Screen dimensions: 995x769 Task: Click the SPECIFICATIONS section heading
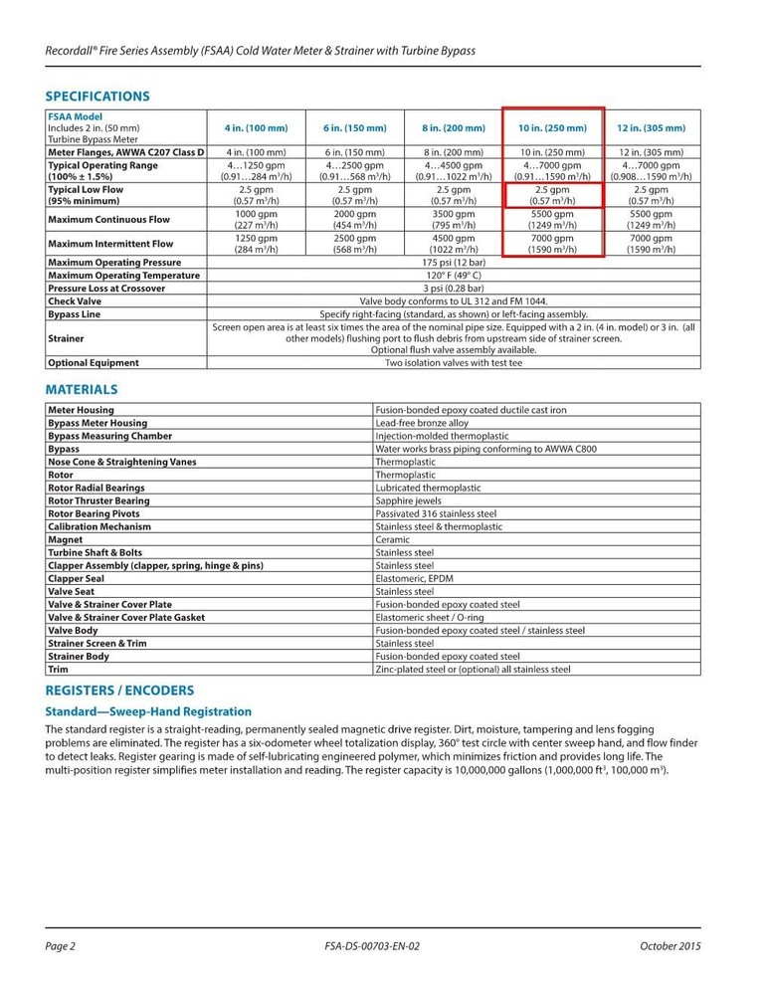(x=97, y=97)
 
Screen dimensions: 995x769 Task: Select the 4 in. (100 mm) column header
(x=256, y=128)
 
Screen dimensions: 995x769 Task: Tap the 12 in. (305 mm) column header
(x=652, y=128)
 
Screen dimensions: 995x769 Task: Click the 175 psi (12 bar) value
(x=454, y=263)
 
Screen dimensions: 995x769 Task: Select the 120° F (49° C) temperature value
(x=454, y=276)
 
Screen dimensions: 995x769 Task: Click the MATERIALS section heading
(x=82, y=389)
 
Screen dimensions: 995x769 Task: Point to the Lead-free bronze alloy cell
(x=422, y=423)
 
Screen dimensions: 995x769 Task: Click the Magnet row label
(x=66, y=540)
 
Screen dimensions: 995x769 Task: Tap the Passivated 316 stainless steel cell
(x=436, y=514)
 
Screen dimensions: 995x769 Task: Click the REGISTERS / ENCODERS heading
(x=119, y=691)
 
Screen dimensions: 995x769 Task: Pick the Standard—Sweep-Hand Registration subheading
(x=148, y=711)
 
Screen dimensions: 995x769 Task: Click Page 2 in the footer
(x=61, y=946)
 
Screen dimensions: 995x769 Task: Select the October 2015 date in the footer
(x=671, y=946)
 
